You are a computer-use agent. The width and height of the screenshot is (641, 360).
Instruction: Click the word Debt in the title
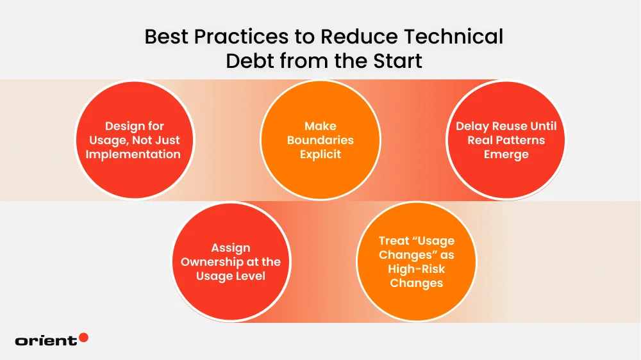[x=247, y=61]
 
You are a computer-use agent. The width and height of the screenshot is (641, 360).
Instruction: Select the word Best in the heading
[x=165, y=37]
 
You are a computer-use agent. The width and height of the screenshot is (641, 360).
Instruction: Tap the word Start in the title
[x=392, y=61]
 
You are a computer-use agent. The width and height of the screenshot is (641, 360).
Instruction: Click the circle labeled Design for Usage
[x=135, y=140]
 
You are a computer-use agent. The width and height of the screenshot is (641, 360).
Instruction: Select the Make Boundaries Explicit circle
[x=320, y=140]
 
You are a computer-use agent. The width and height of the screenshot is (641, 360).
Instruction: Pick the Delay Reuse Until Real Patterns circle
[x=506, y=140]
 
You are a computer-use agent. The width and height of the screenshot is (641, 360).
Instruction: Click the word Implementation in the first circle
[x=135, y=154]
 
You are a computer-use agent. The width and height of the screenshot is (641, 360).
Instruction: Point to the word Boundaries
[x=320, y=140]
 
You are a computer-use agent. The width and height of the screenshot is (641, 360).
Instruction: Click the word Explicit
[x=320, y=154]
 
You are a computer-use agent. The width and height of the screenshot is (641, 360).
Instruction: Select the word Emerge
[x=506, y=154]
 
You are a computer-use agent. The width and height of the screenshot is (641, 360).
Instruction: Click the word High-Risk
[x=416, y=270]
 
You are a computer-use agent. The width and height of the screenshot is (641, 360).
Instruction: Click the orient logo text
[x=46, y=341]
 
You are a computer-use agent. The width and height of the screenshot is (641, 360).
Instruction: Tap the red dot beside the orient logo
[x=83, y=338]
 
